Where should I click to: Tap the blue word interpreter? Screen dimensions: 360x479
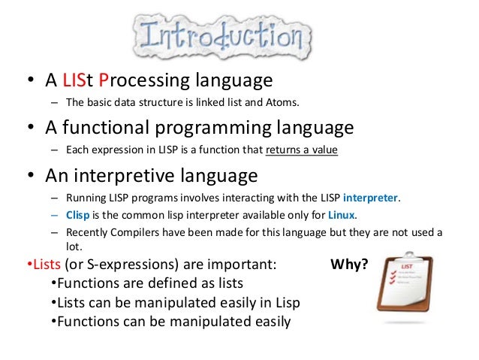[x=371, y=198]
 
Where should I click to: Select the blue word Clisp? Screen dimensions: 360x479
[x=79, y=215]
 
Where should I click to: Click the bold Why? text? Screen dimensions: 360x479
[x=349, y=265]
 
